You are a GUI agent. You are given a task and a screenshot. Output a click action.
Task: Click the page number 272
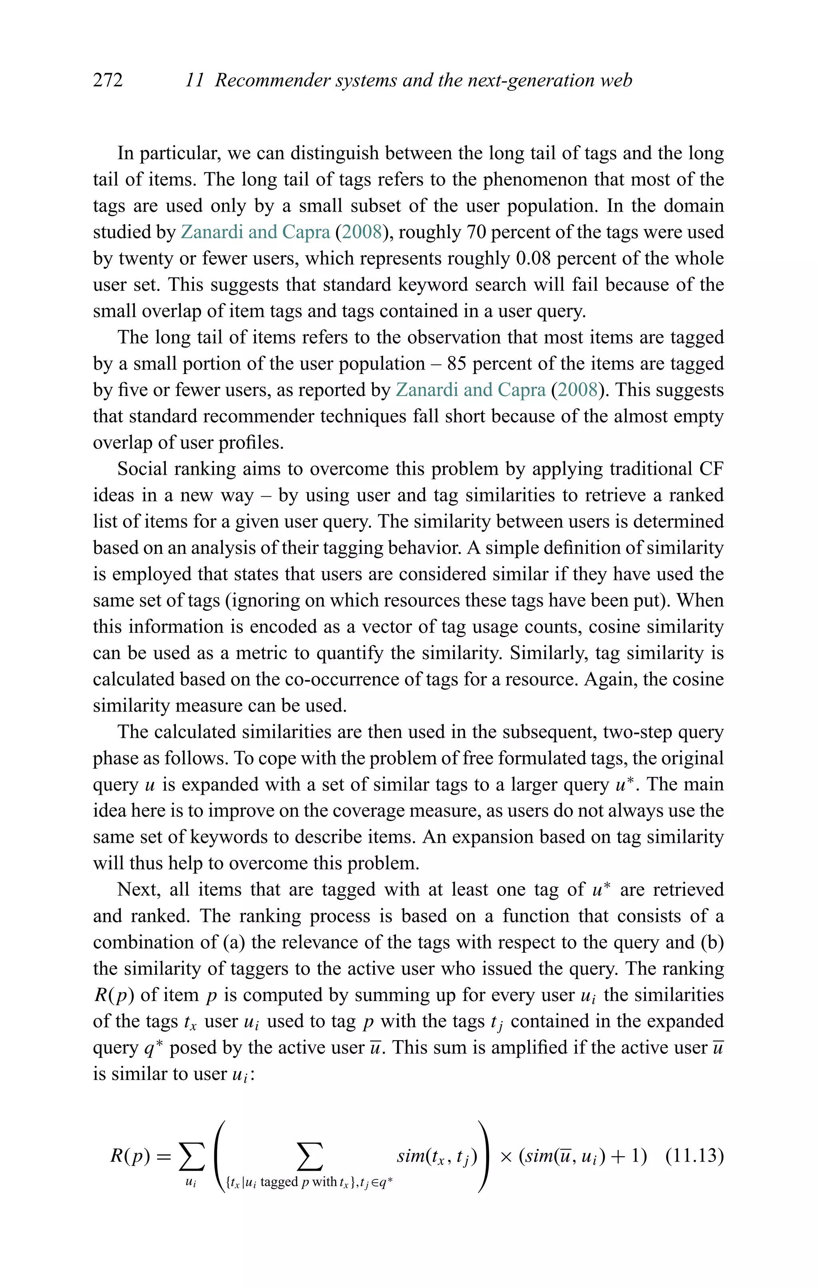click(108, 80)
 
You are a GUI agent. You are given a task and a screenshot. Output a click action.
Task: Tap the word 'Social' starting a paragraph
click(140, 469)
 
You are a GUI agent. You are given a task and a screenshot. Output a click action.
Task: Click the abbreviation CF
click(711, 469)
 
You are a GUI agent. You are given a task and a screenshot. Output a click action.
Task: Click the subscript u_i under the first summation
click(190, 1182)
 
